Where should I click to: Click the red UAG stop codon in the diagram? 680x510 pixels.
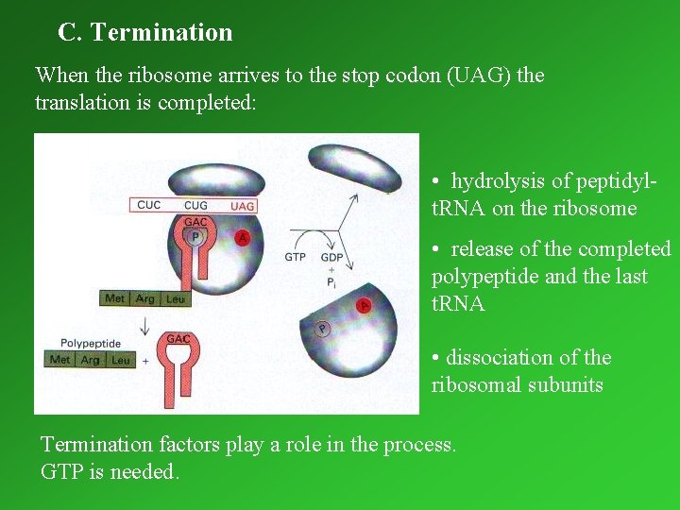243,205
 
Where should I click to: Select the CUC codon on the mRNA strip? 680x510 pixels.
149,205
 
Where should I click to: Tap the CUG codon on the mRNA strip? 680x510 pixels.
195,205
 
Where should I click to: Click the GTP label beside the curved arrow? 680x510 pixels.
296,257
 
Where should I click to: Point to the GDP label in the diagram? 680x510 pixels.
331,257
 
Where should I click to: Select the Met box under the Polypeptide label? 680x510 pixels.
60,360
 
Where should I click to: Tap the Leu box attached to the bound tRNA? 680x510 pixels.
175,298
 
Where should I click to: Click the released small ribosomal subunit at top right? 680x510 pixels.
355,167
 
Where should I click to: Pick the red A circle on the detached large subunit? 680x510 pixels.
364,304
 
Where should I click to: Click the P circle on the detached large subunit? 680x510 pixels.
323,330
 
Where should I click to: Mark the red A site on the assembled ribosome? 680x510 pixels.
243,238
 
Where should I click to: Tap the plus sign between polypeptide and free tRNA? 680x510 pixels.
144,361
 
